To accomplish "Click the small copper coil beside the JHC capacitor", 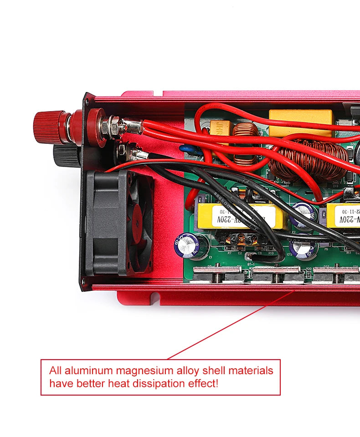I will [x=246, y=142].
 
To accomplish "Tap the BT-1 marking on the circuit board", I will [x=251, y=264].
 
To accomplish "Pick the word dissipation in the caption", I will [x=159, y=383].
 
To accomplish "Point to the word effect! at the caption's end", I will [x=203, y=383].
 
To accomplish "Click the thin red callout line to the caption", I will [x=228, y=325].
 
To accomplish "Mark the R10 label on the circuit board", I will [x=271, y=253].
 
